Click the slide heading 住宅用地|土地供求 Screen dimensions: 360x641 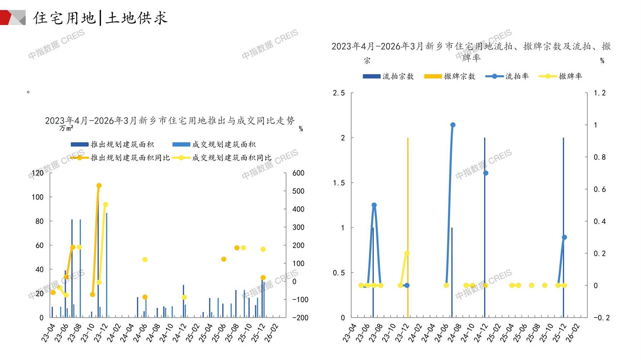(x=100, y=18)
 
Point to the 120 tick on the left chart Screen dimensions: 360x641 (x=37, y=173)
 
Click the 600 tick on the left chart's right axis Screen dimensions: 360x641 (x=298, y=173)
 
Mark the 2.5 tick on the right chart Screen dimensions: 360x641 (x=339, y=93)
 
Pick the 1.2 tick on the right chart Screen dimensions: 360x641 (x=599, y=93)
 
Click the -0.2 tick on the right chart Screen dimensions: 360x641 (x=601, y=318)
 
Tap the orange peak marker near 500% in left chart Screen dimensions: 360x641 (x=99, y=186)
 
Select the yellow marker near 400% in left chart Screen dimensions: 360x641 (x=106, y=205)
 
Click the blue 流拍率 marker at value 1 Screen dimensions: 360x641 (x=453, y=125)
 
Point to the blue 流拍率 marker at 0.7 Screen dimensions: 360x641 (x=485, y=173)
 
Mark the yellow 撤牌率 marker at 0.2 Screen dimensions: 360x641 (x=407, y=253)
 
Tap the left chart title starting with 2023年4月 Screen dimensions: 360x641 (x=170, y=121)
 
